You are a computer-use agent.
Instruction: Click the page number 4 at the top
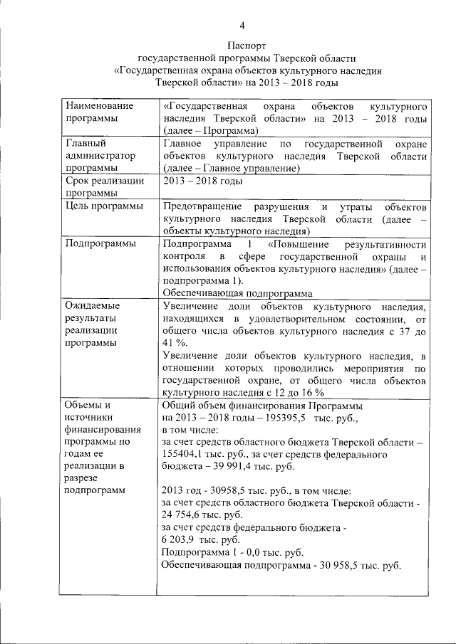[x=242, y=26]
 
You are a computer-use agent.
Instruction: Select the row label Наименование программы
[x=95, y=112]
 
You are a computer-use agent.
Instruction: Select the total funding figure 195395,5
[x=267, y=418]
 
